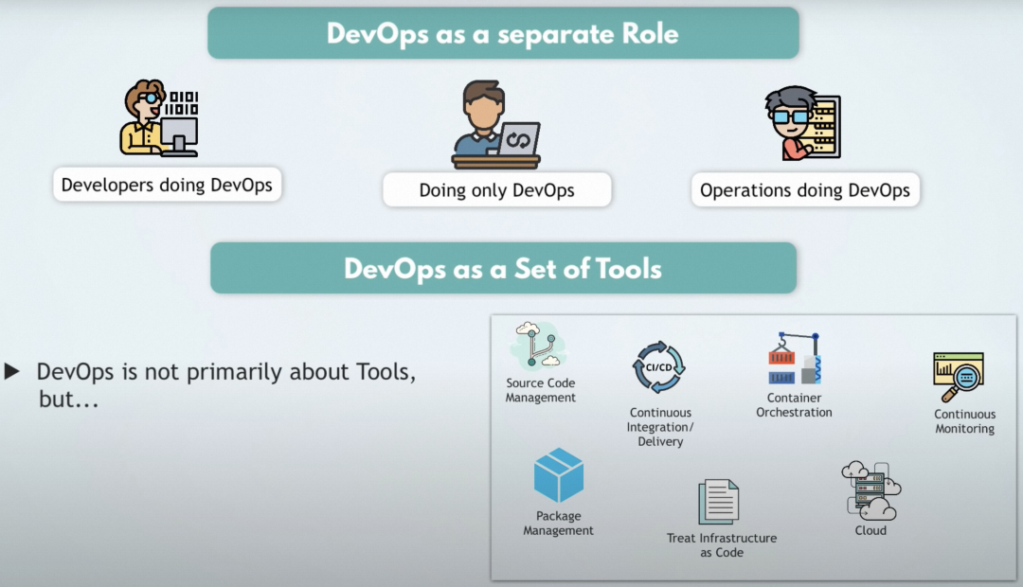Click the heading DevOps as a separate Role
[x=503, y=33]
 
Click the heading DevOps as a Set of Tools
[x=503, y=268]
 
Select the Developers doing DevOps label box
[x=167, y=185]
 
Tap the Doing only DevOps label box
[x=496, y=190]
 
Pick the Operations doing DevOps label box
[x=804, y=190]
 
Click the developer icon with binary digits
[x=159, y=119]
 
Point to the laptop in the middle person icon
[x=519, y=139]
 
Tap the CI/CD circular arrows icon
[x=659, y=367]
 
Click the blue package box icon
[x=559, y=475]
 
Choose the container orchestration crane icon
[x=794, y=358]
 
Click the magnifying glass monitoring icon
[x=960, y=377]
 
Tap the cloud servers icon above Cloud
[x=870, y=489]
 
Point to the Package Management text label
[x=559, y=524]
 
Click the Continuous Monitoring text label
[x=964, y=421]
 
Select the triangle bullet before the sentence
[x=12, y=371]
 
